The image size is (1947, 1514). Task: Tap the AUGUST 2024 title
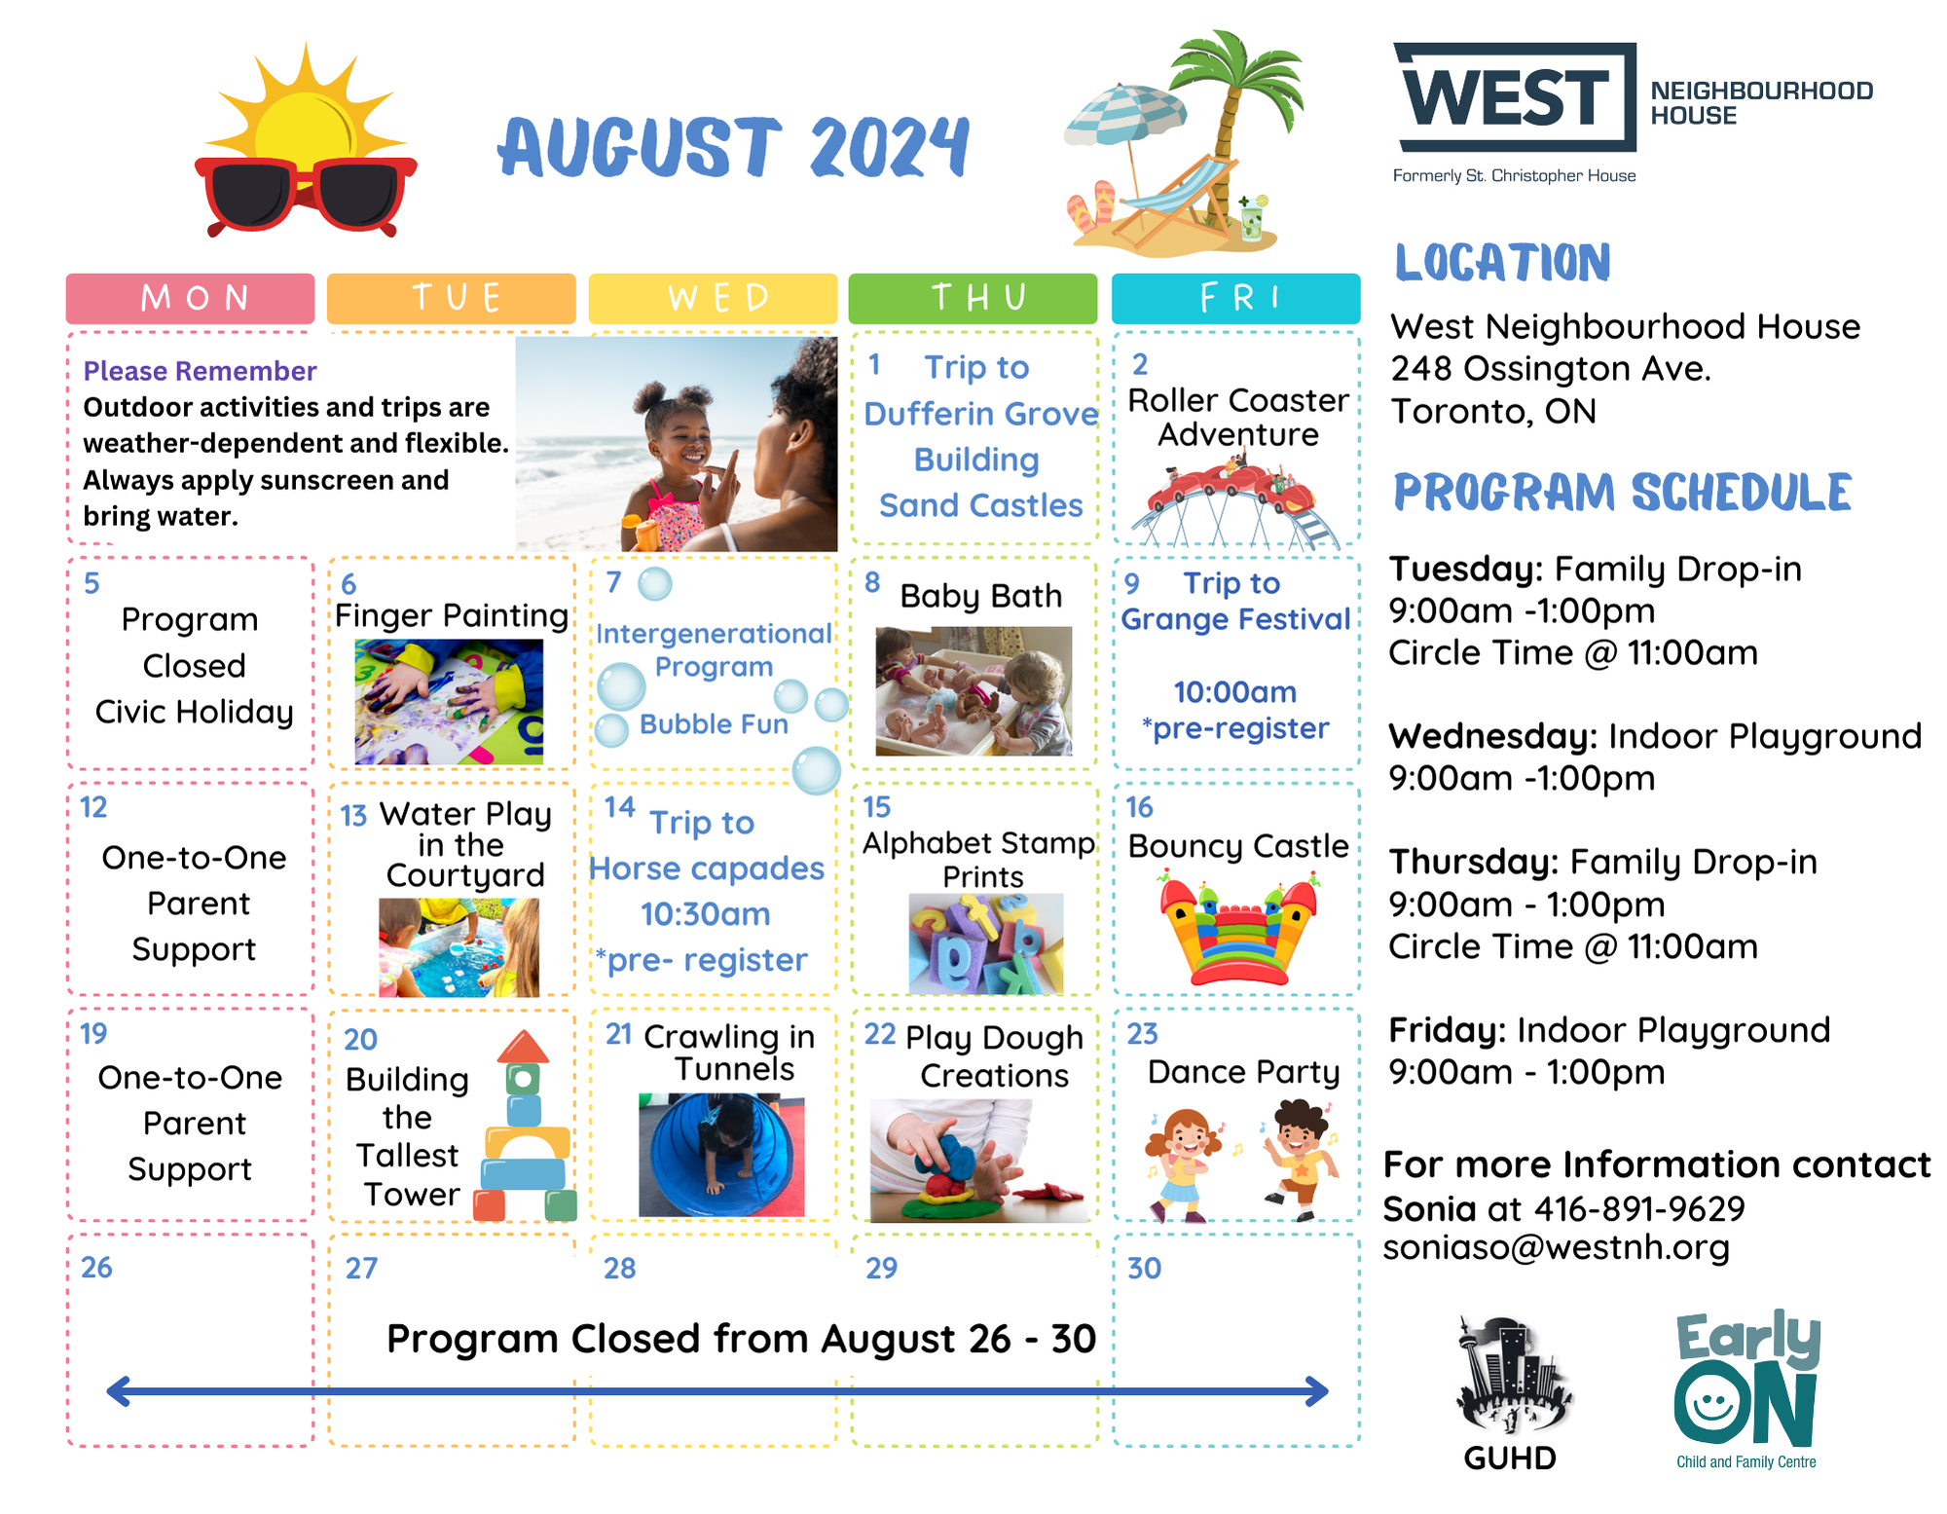[x=734, y=147]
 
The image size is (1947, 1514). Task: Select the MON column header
[x=191, y=298]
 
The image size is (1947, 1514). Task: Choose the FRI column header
[x=1235, y=298]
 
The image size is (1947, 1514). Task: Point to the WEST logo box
[x=1515, y=97]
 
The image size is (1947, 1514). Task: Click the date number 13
[x=353, y=816]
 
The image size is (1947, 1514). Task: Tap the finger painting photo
[x=449, y=701]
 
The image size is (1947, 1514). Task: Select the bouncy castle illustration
[x=1237, y=929]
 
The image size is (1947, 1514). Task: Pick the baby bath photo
[x=973, y=691]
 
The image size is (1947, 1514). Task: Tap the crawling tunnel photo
[x=721, y=1155]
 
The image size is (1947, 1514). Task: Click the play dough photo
[x=978, y=1161]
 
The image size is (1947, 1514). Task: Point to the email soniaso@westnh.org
[x=1556, y=1247]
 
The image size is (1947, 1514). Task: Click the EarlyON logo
[x=1746, y=1388]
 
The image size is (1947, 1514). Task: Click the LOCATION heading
[x=1502, y=263]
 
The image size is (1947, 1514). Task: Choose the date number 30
[x=1144, y=1268]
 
